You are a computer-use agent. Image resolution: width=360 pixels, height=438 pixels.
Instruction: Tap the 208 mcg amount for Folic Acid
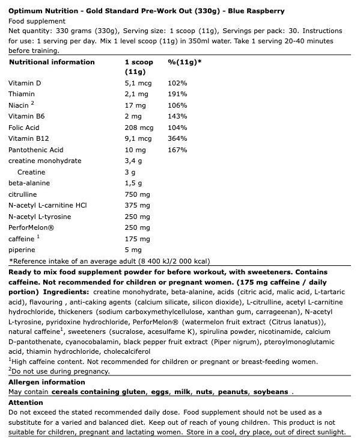[x=139, y=128]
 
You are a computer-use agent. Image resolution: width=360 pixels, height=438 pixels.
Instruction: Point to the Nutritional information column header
[x=43, y=62]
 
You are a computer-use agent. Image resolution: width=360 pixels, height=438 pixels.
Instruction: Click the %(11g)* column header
[x=185, y=62]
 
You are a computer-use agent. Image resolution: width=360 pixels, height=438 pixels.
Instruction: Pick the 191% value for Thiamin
[x=177, y=94]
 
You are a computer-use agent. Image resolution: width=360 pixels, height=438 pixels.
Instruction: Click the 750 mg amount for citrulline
[x=136, y=194]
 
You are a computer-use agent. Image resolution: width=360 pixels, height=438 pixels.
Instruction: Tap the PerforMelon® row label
[x=31, y=227]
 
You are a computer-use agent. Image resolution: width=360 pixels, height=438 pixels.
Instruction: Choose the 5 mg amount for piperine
[x=133, y=250]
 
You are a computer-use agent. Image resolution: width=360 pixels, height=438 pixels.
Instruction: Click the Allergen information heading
[x=43, y=383]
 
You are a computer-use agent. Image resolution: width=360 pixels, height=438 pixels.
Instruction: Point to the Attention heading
[x=26, y=403]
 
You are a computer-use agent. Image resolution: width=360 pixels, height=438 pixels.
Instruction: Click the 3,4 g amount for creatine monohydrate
[x=133, y=161]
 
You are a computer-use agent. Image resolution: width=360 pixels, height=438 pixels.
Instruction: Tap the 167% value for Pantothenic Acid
[x=177, y=150]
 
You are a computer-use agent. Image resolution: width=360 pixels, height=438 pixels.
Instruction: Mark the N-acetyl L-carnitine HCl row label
[x=47, y=205]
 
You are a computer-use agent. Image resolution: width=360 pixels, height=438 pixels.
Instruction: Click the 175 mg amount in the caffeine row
[x=136, y=239]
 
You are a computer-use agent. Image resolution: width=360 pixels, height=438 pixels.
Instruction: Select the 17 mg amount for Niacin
[x=135, y=105]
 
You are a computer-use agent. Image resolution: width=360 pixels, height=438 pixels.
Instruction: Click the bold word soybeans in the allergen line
[x=270, y=392]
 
